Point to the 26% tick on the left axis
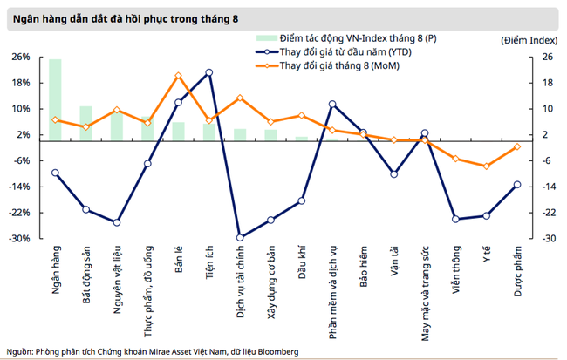[x=20, y=57]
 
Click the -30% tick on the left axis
[x=20, y=238]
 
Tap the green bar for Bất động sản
[x=85, y=123]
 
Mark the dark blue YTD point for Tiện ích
[x=209, y=72]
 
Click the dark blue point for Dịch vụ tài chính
[x=240, y=237]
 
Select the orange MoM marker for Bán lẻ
[x=179, y=76]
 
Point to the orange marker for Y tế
[x=486, y=166]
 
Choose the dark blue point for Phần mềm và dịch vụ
[x=332, y=105]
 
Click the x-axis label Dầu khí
[x=302, y=259]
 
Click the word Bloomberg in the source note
[x=276, y=351]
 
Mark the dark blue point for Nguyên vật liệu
[x=117, y=222]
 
